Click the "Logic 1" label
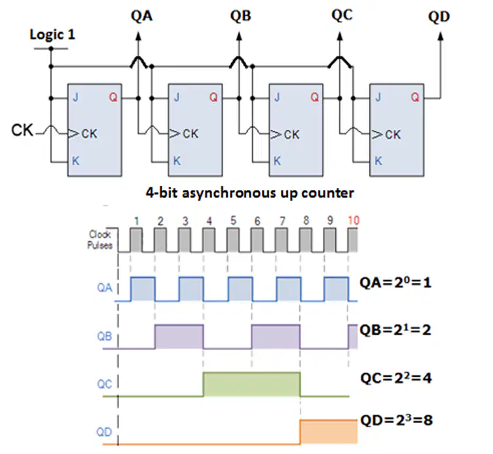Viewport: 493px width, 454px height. click(x=52, y=34)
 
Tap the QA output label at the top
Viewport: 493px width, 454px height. click(x=141, y=16)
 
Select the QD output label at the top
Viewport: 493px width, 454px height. click(x=439, y=16)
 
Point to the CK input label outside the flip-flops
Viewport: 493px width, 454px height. click(x=22, y=130)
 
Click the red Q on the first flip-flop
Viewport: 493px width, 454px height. click(x=113, y=97)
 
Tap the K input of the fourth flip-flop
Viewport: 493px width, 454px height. click(x=378, y=161)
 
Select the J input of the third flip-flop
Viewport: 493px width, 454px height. click(x=277, y=97)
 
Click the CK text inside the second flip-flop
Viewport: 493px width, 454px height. click(x=191, y=134)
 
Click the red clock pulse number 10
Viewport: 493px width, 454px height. click(x=354, y=220)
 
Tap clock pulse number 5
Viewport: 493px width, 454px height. click(x=233, y=220)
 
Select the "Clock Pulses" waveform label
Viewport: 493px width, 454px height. click(x=100, y=239)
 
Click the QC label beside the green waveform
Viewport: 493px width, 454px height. click(x=104, y=384)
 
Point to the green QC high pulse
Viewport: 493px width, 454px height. click(x=252, y=384)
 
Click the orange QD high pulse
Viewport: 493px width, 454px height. click(x=329, y=432)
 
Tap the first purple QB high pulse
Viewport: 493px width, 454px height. click(x=179, y=337)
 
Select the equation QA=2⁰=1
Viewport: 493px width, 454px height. click(x=395, y=282)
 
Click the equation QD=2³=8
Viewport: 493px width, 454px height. click(x=396, y=420)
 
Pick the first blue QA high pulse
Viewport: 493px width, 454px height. click(x=143, y=289)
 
